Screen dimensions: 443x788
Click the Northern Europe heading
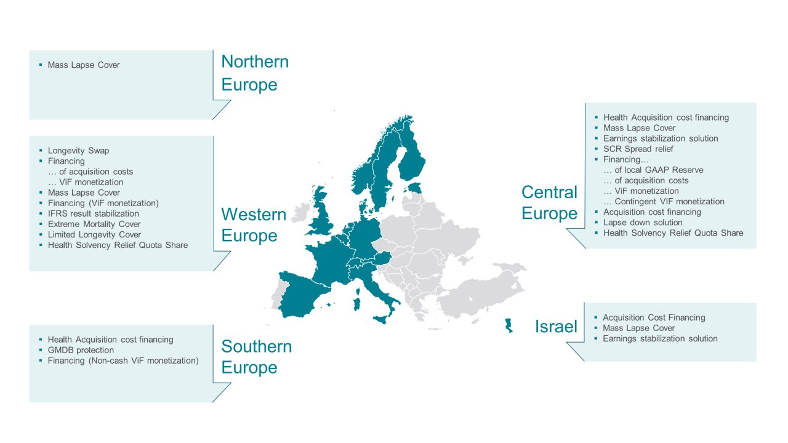[x=255, y=73]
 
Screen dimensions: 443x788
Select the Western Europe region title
[x=254, y=225]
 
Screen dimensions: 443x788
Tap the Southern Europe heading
[x=256, y=357]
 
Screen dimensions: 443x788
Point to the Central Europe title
[x=549, y=202]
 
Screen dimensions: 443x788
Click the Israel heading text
[x=556, y=327]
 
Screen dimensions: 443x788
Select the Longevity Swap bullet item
[x=78, y=151]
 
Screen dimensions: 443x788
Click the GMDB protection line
[x=81, y=350]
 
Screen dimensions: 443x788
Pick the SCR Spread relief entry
[x=638, y=149]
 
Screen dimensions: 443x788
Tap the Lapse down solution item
[x=643, y=223]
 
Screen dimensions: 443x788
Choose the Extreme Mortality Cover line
[x=94, y=224]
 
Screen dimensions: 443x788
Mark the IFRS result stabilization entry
[x=93, y=214]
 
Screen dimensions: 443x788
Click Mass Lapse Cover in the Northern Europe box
[x=84, y=65]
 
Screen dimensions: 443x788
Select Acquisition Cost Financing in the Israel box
[x=654, y=317]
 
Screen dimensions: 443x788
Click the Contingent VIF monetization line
[x=669, y=202]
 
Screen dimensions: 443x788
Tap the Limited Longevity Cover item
[x=94, y=234]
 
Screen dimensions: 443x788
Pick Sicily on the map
[x=384, y=318]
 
